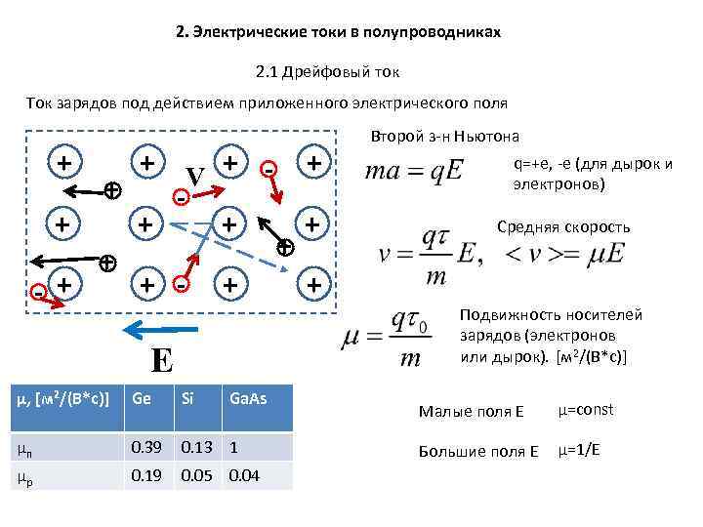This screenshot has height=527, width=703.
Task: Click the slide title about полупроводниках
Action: pos(338,32)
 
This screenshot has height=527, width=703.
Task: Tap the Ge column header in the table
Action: pos(143,398)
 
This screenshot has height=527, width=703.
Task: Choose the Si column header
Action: pos(188,398)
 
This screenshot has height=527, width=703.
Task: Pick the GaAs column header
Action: pos(247,398)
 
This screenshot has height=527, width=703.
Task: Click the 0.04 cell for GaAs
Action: pos(244,475)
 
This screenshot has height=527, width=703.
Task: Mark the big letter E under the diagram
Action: pos(162,361)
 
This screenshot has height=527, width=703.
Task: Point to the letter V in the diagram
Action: pos(195,177)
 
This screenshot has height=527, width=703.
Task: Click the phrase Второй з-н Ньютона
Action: pos(444,136)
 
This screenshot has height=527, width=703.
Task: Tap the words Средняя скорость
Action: pos(563,227)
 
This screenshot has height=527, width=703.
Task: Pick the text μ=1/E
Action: pos(578,451)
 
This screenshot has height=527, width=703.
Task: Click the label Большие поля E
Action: pos(478,452)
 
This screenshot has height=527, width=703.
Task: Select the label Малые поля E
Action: pos(471,411)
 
